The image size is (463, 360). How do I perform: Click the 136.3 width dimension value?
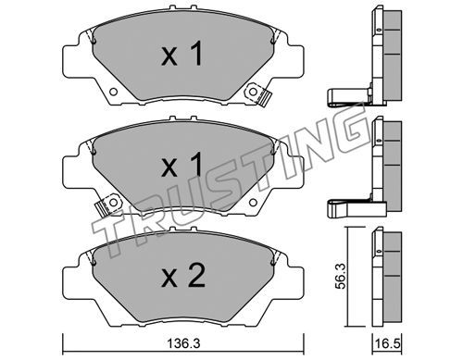click(183, 343)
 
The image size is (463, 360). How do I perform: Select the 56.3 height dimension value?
click(342, 276)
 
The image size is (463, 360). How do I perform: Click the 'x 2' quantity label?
click(183, 277)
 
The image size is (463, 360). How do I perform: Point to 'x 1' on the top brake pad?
click(181, 55)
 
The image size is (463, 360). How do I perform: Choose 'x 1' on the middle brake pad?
click(181, 165)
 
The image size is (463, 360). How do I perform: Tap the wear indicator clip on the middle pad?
click(108, 205)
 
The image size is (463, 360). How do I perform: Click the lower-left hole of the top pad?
click(113, 92)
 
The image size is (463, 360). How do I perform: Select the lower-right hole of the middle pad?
click(253, 203)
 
